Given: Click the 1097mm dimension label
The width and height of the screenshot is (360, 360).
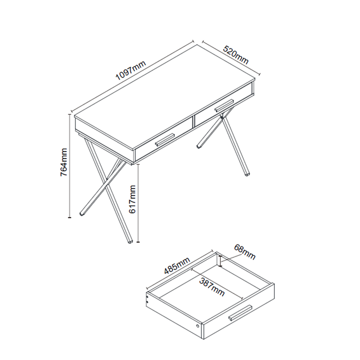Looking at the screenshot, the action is coord(131,70).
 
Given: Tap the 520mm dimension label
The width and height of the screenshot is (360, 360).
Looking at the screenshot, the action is coord(236,55).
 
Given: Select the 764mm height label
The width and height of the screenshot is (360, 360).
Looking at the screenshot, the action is coord(64,162).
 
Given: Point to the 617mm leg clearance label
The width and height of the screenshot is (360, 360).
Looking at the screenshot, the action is coord(133,200).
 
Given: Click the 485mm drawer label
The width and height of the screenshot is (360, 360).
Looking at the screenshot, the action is coord(177,266).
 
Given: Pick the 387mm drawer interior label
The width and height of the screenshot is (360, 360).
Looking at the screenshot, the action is coord(212,287).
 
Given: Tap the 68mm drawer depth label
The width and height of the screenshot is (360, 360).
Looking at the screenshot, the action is coord(245,251).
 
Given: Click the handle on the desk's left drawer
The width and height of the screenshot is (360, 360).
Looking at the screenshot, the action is coord(165,139).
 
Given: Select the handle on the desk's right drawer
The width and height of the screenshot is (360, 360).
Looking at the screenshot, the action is coord(224,105).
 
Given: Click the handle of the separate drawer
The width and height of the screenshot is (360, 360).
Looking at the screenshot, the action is coord(240,313).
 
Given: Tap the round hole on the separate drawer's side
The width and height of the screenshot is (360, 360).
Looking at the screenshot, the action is coord(198,326).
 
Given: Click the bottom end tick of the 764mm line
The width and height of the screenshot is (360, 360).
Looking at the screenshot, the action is coord(69,217).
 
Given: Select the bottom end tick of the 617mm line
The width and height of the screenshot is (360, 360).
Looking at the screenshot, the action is coord(138,242).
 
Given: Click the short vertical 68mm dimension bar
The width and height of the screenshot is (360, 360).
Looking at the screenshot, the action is coord(221,261).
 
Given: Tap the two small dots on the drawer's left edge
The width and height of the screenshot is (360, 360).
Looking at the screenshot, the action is coord(148,299).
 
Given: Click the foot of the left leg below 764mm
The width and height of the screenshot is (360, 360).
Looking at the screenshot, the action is coord(81,213).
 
